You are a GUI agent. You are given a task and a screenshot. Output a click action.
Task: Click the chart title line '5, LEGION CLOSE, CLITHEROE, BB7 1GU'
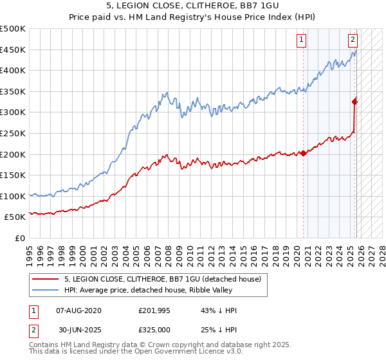(192, 7)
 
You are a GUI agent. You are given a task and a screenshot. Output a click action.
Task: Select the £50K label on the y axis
(15, 217)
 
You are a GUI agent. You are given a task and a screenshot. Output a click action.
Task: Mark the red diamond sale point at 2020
(303, 153)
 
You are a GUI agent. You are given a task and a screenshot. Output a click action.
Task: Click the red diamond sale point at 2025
(354, 101)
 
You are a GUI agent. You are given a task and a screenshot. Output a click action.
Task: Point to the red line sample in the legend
(46, 280)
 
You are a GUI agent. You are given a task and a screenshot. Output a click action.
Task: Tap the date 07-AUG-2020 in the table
(78, 310)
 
